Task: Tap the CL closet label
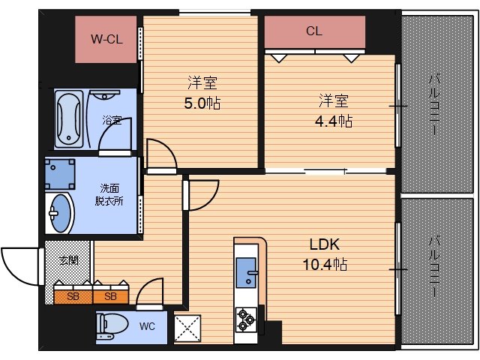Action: pyautogui.click(x=314, y=31)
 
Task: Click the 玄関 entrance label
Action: pyautogui.click(x=69, y=261)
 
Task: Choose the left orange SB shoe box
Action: pyautogui.click(x=73, y=295)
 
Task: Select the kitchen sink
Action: pyautogui.click(x=246, y=272)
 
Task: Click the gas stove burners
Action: pyautogui.click(x=246, y=319)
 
